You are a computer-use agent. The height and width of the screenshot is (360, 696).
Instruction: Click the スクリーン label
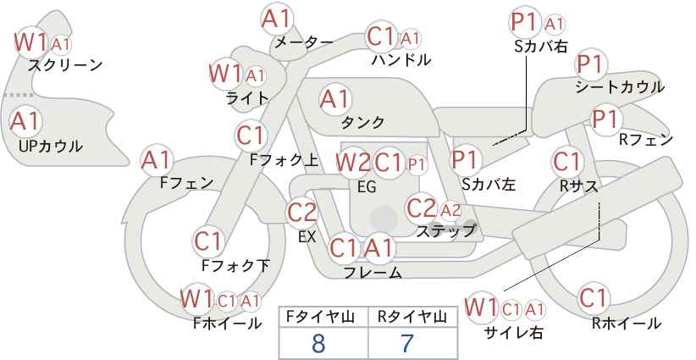pos(65,64)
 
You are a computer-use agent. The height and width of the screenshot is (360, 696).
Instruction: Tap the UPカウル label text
pos(50,146)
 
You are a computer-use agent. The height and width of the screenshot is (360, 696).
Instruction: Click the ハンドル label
pos(401,59)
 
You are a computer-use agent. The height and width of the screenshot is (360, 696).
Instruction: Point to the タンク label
pos(362,122)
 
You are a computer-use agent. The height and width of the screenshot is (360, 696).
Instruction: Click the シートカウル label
pos(619,86)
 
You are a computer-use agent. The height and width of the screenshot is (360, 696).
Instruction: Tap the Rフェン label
pos(646,140)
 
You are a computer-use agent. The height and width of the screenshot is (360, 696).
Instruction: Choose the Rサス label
pos(578,186)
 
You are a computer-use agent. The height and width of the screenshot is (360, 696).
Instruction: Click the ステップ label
pos(446,230)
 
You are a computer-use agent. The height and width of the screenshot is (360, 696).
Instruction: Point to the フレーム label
pos(373,272)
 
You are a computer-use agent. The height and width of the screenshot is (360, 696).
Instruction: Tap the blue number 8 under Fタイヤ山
pos(318,343)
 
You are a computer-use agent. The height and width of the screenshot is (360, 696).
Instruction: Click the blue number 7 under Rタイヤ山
pos(406,343)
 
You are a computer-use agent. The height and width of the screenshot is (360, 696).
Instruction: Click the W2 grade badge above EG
pos(352,162)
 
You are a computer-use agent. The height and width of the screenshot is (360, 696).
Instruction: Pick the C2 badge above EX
pos(302,213)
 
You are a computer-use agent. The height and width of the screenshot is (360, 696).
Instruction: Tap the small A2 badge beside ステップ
pos(450,209)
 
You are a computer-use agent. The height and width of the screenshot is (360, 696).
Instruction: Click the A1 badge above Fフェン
pos(157,159)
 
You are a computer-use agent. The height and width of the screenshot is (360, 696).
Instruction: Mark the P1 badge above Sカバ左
pos(466,159)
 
